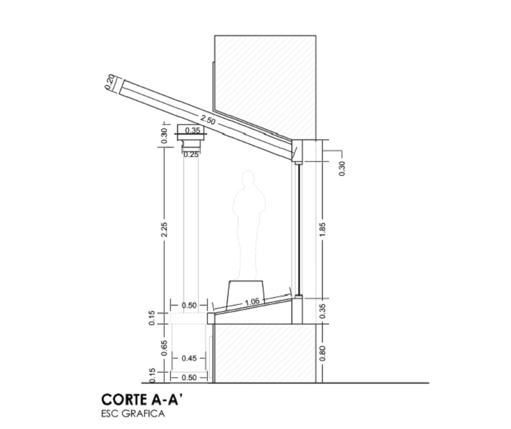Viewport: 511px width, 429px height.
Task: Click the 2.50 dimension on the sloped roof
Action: coord(208,120)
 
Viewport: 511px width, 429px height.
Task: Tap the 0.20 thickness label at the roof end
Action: coord(110,82)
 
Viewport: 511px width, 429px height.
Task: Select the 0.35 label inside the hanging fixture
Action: coord(192,130)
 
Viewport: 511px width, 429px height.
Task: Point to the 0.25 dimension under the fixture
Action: coord(191,155)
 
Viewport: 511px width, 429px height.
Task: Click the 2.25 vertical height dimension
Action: coord(165,229)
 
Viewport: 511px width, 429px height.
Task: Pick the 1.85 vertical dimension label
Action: coord(323,229)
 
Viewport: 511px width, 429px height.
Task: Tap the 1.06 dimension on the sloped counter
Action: coord(252,302)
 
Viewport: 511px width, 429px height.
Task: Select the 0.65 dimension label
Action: coord(165,348)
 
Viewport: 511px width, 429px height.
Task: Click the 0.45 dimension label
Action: coord(189,359)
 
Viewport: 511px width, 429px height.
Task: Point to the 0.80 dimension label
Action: coord(323,354)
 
